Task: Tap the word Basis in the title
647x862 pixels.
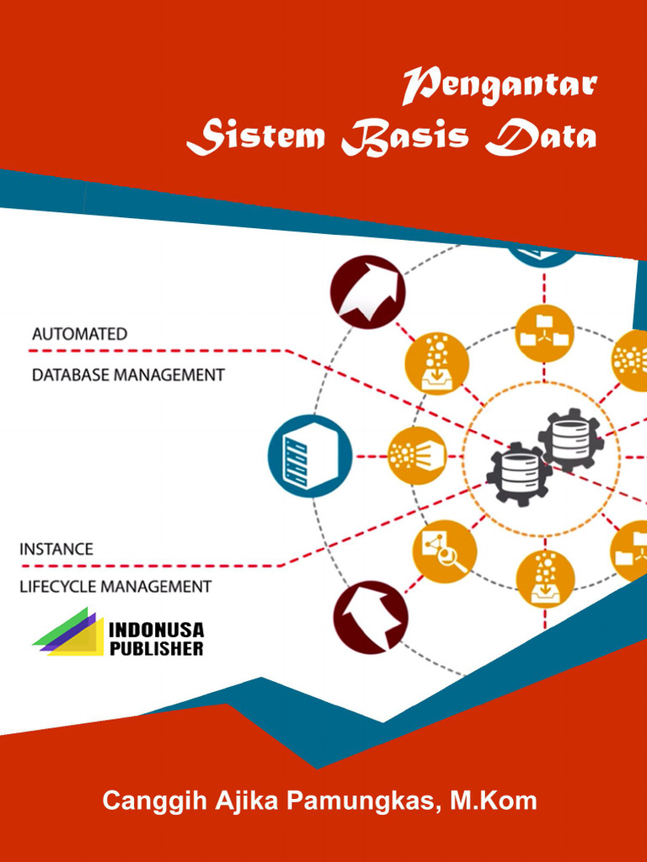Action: (x=405, y=138)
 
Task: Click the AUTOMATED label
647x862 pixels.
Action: (x=79, y=334)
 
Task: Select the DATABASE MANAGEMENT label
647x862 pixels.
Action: (x=128, y=375)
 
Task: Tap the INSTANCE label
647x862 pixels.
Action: (x=56, y=549)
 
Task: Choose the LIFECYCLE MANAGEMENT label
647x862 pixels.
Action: (x=115, y=587)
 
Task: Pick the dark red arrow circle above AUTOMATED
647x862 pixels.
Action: (x=367, y=292)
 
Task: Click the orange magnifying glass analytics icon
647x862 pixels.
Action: (x=445, y=551)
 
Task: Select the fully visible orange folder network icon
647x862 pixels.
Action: (x=544, y=333)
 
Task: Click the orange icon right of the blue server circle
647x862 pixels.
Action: (x=417, y=455)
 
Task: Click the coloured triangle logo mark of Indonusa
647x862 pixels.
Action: (x=67, y=631)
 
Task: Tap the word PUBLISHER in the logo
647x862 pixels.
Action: (x=157, y=649)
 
